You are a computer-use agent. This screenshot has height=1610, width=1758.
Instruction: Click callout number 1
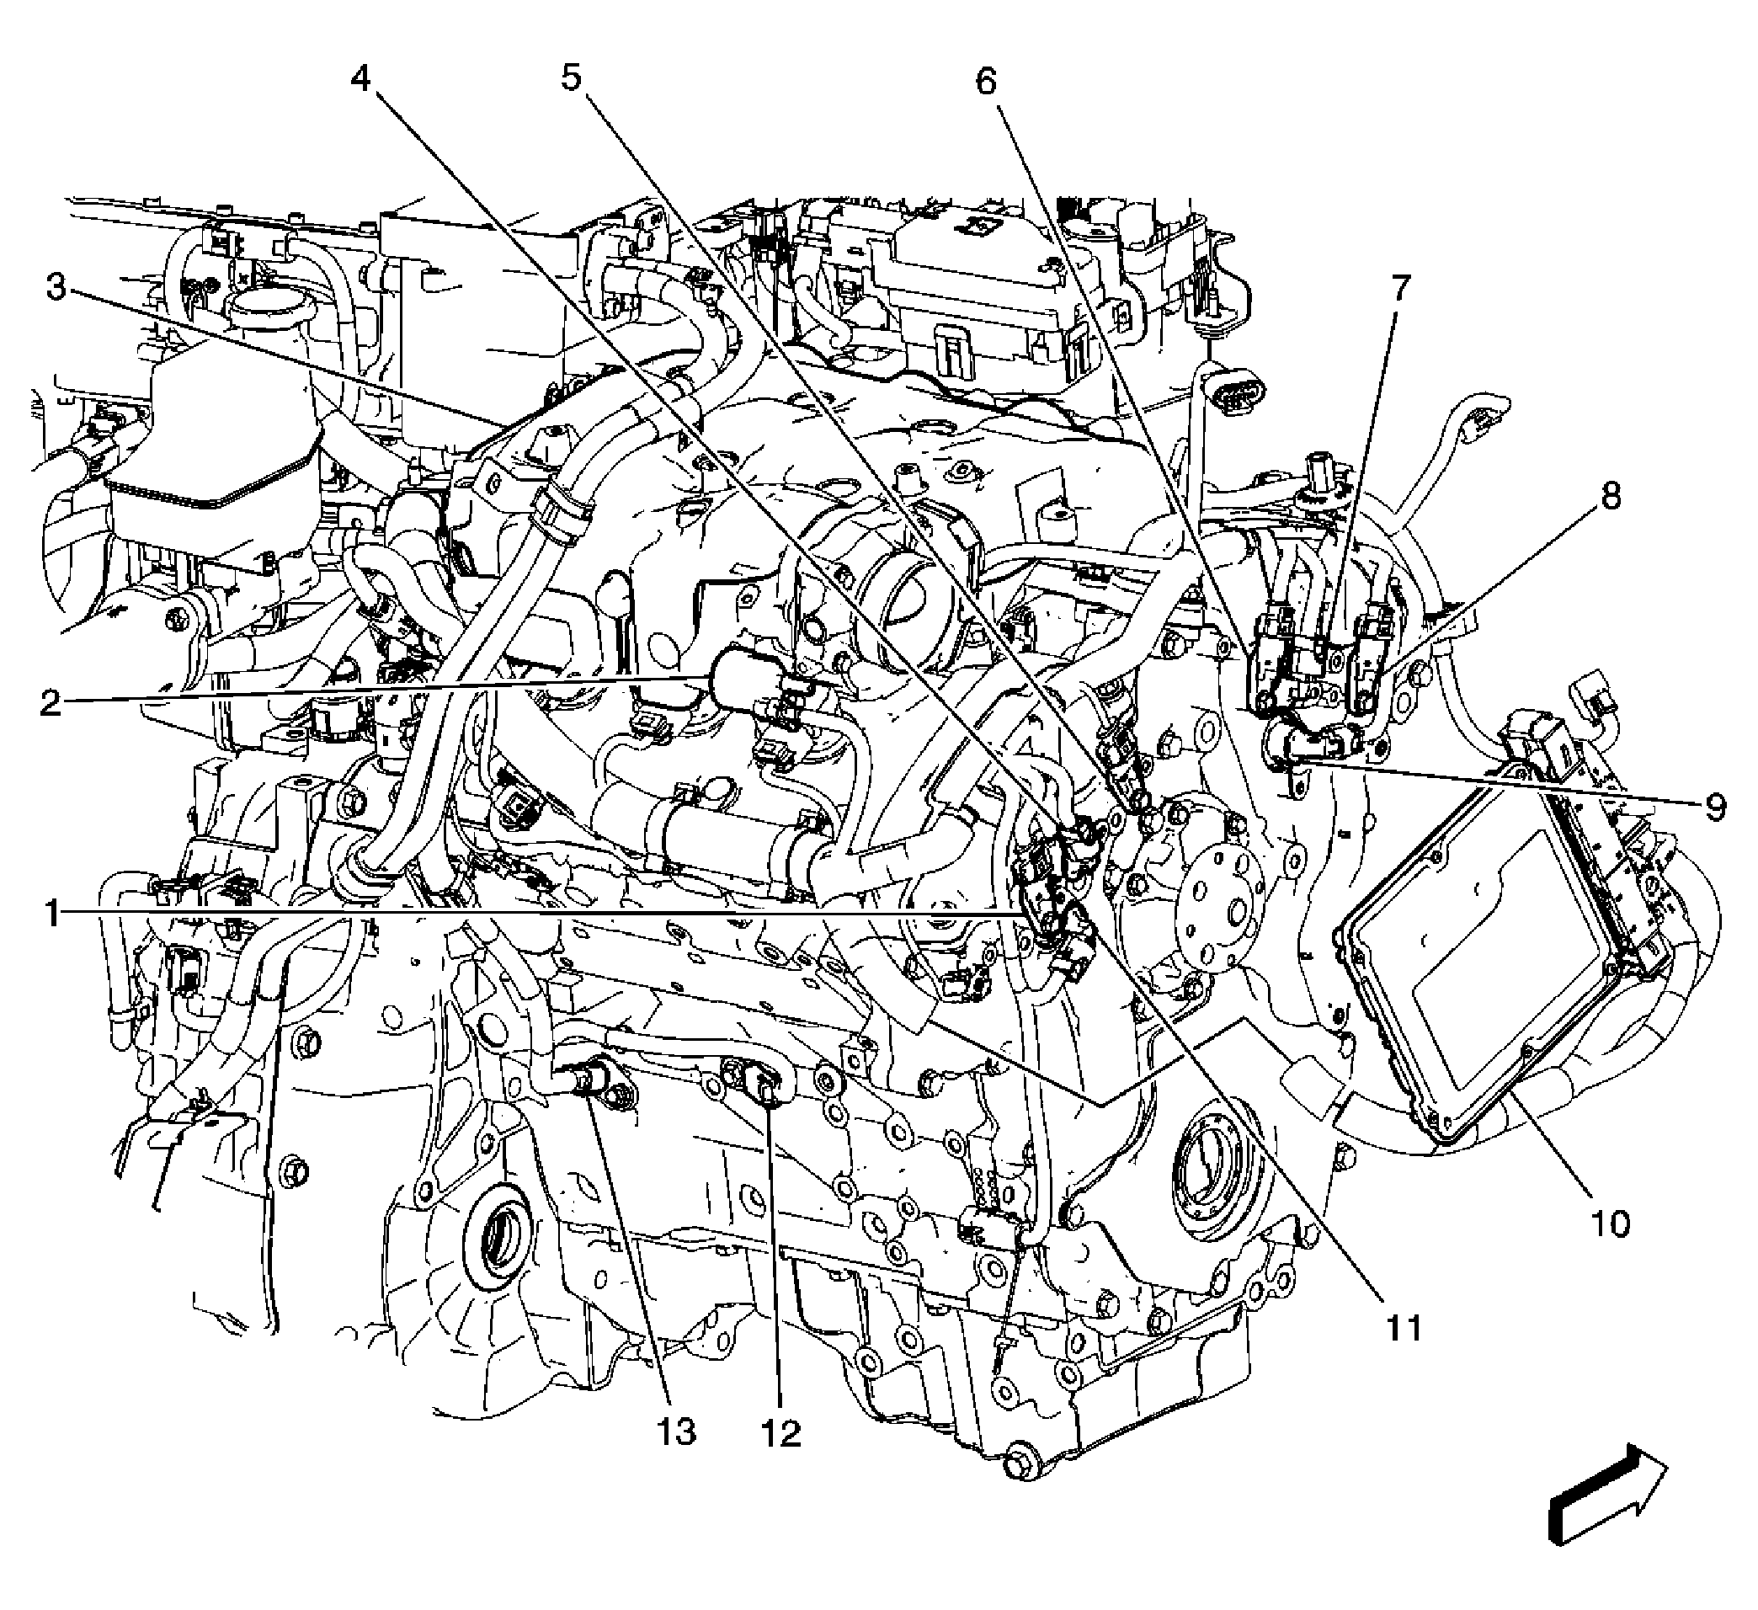tap(52, 914)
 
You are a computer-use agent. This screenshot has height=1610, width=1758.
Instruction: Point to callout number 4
tap(361, 78)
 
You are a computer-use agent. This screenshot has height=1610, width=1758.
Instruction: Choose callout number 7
tap(1399, 288)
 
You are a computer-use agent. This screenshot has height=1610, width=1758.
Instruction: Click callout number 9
tap(1714, 807)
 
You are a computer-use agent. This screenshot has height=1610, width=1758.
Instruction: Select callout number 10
tap(1611, 1224)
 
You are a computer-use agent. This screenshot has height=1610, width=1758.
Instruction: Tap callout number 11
tap(1404, 1327)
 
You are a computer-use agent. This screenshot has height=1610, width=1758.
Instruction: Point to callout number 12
tap(780, 1432)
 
